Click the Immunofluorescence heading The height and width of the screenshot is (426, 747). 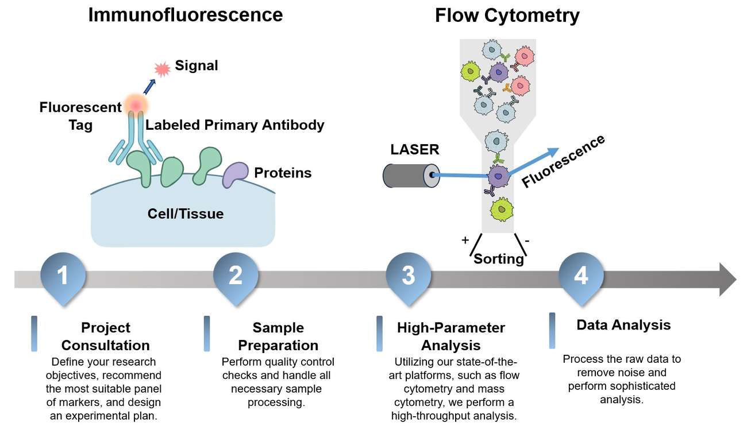[185, 14]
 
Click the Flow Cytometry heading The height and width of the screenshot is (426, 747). [507, 16]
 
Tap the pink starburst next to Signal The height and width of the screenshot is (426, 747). [163, 69]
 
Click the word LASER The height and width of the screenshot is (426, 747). [414, 150]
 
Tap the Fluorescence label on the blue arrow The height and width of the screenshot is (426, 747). [563, 161]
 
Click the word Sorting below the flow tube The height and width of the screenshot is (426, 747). [498, 259]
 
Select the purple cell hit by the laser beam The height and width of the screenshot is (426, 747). [498, 177]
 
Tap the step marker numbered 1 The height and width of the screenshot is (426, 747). [63, 276]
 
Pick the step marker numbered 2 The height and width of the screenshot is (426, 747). [236, 276]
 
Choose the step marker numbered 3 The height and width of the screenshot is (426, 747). [408, 276]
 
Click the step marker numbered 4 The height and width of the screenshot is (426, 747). [581, 276]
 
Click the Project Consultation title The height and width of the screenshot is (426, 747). [106, 336]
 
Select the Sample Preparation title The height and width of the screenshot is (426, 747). [278, 336]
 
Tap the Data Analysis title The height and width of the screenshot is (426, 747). [623, 325]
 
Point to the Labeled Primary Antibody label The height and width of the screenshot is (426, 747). [235, 125]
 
